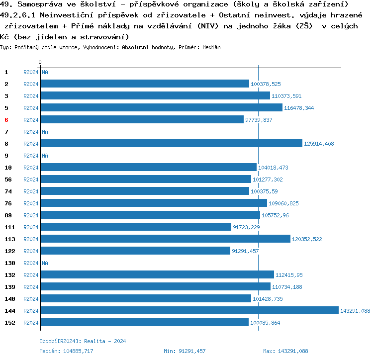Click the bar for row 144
pyautogui.click(x=189, y=310)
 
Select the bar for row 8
pyautogui.click(x=172, y=143)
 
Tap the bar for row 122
pyautogui.click(x=135, y=251)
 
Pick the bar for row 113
pyautogui.click(x=166, y=239)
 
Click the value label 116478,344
pyautogui.click(x=299, y=108)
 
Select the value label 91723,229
pyautogui.click(x=246, y=227)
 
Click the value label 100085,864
pyautogui.click(x=265, y=323)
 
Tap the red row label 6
pyautogui.click(x=6, y=120)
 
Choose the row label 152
pyautogui.click(x=9, y=323)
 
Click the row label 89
pyautogui.click(x=8, y=215)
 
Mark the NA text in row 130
pyautogui.click(x=45, y=263)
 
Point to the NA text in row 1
pyautogui.click(x=45, y=72)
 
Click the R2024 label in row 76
pyautogui.click(x=31, y=203)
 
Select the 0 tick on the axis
pyautogui.click(x=40, y=62)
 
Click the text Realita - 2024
pyautogui.click(x=105, y=341)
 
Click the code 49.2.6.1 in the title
pyautogui.click(x=18, y=15)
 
